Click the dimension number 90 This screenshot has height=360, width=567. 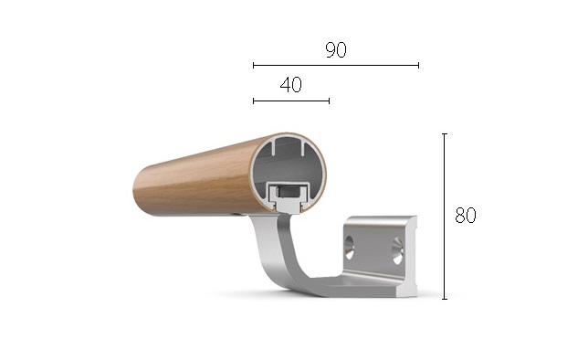pyautogui.click(x=336, y=50)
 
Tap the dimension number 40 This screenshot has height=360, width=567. pyautogui.click(x=291, y=85)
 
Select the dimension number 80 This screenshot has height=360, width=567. pyautogui.click(x=466, y=215)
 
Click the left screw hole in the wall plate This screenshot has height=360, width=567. pyautogui.click(x=350, y=248)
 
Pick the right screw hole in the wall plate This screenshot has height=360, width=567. pyautogui.click(x=398, y=250)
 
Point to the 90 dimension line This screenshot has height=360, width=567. pyautogui.click(x=336, y=66)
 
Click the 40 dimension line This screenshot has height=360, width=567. pyautogui.click(x=291, y=101)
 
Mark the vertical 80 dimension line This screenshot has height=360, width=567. pyautogui.click(x=445, y=217)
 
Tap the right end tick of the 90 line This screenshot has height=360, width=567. pyautogui.click(x=418, y=66)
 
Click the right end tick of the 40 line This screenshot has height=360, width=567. pyautogui.click(x=329, y=101)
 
